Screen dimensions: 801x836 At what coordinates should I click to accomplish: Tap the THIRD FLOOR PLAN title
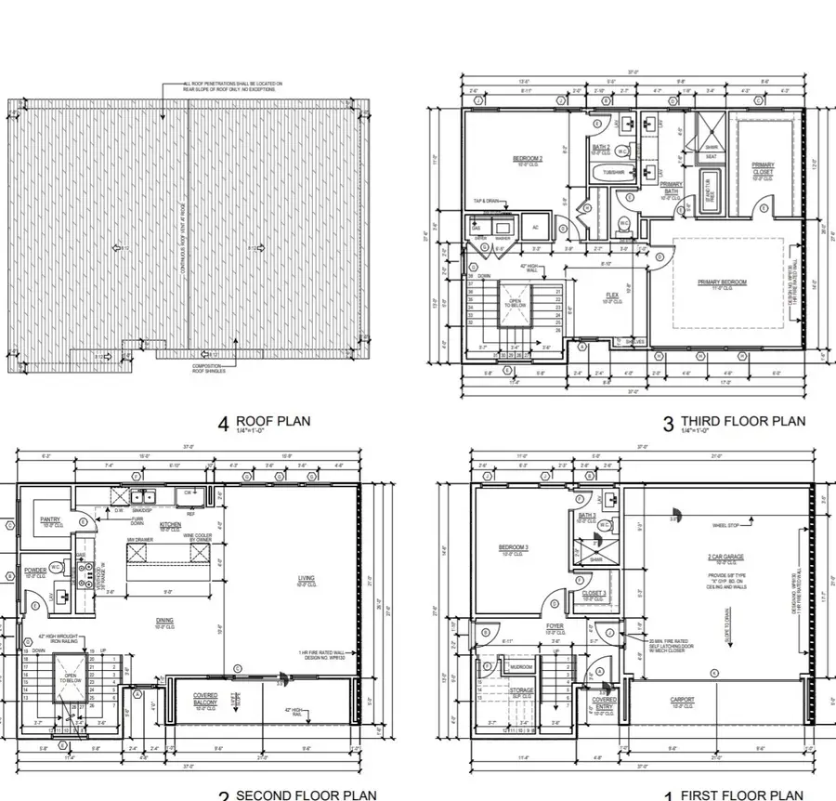pos(743,421)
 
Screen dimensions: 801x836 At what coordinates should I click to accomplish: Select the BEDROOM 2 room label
pos(527,159)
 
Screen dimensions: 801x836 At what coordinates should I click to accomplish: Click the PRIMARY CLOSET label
pos(763,169)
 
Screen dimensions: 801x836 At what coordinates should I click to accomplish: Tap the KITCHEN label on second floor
pos(170,525)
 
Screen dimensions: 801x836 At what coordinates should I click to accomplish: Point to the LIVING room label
pos(306,579)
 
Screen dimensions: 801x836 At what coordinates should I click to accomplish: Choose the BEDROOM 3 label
pos(514,547)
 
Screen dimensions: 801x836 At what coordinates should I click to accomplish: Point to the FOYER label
pos(555,626)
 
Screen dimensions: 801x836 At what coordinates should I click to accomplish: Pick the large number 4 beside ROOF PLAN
pos(223,424)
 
